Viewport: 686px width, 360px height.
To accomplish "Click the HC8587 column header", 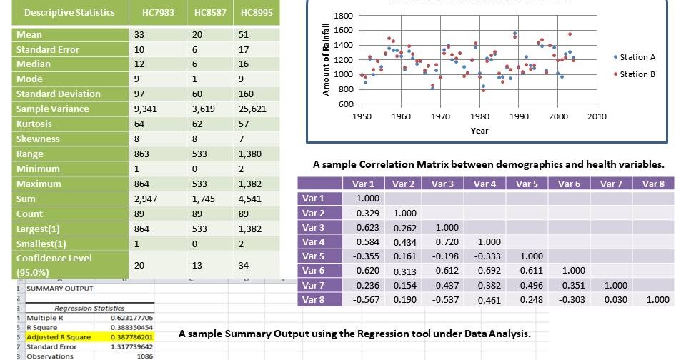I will point(209,12).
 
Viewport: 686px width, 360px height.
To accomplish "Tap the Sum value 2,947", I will point(145,199).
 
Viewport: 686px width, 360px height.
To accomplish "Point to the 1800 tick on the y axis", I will point(343,16).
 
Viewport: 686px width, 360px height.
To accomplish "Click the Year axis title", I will point(479,131).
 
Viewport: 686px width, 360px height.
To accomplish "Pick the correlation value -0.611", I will point(526,271).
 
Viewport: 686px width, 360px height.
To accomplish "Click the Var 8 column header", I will point(652,184).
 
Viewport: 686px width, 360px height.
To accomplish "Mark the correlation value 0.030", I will point(611,300).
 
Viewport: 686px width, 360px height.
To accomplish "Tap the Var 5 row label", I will point(313,256).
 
